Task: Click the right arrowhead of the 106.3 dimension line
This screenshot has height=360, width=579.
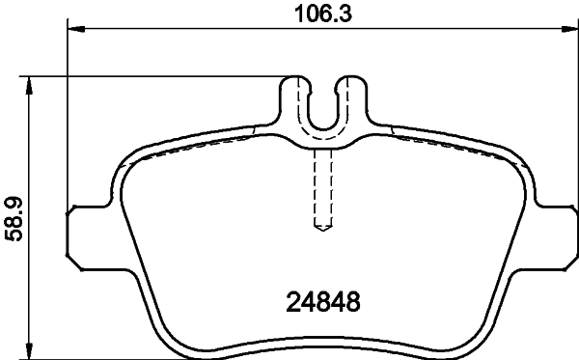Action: [x=568, y=31]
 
